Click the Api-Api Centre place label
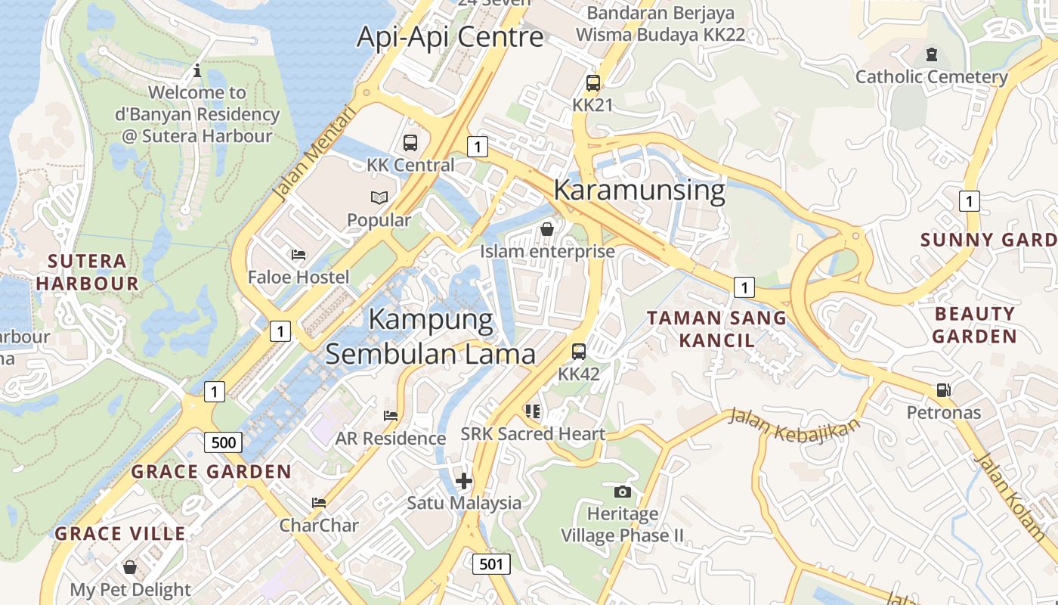point(450,36)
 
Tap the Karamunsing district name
point(639,190)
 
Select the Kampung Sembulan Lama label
point(431,337)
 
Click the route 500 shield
point(224,442)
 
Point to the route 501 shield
point(491,563)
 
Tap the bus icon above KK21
point(593,83)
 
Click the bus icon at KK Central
point(410,142)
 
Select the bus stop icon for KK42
point(579,352)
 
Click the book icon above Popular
point(379,198)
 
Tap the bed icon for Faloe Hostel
point(299,255)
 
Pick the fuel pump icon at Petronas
point(943,390)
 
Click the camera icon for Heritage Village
point(622,492)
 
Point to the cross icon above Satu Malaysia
point(464,481)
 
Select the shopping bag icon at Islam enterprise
point(547,228)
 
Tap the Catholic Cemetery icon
point(931,54)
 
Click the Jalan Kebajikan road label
point(794,426)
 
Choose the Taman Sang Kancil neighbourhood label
point(716,328)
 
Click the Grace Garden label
point(212,472)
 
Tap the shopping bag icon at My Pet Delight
point(130,567)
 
